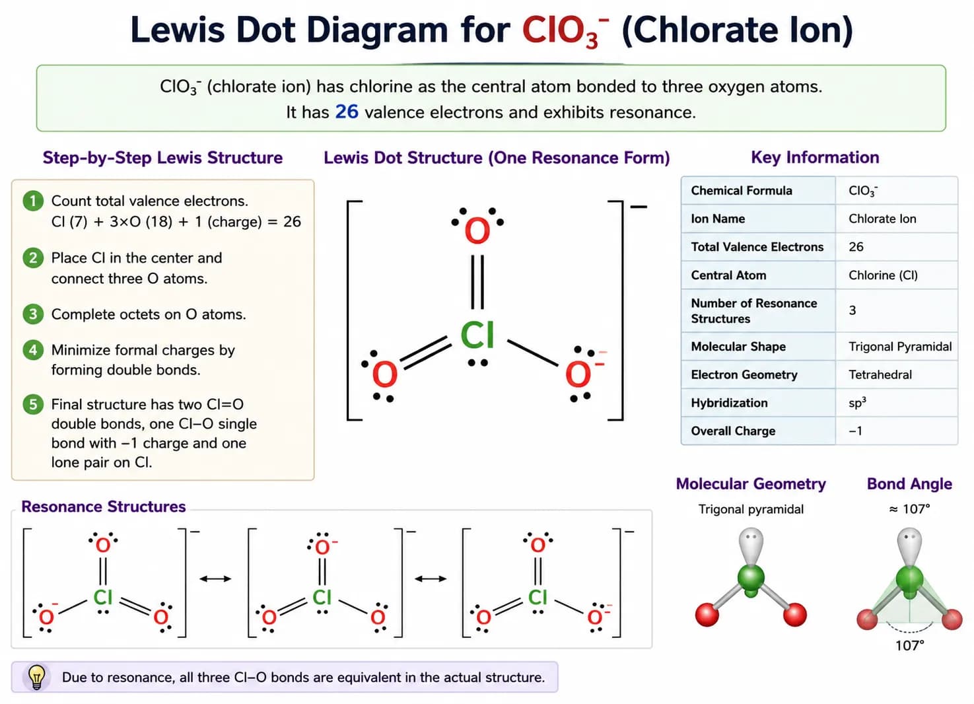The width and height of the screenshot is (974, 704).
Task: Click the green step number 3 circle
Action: coord(33,314)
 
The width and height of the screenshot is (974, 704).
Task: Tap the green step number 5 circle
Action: coord(33,404)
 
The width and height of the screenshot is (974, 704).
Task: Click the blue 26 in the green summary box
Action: coord(347,112)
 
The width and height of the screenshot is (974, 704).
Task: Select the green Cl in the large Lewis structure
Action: coord(477,335)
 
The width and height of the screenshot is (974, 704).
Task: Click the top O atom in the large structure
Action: coord(477,231)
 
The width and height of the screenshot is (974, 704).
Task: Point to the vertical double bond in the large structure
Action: coord(477,282)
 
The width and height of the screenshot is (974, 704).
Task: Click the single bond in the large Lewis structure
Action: coord(533,353)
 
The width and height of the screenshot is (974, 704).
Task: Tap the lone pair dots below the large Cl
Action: coord(478,363)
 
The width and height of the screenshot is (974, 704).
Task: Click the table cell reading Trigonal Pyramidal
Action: coord(899,347)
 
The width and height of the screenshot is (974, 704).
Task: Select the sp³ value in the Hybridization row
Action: coord(857,402)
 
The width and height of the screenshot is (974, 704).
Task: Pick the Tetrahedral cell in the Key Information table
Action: coord(880,374)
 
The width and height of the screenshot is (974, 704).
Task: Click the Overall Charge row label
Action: coord(733,431)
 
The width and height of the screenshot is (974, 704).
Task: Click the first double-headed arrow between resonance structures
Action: coord(215,579)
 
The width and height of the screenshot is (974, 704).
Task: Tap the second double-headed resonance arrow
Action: coord(431,579)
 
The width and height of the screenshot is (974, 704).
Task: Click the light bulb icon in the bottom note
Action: coord(36,677)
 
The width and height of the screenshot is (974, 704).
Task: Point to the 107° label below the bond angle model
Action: coord(910,645)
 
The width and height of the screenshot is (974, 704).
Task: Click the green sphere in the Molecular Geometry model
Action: coord(751,578)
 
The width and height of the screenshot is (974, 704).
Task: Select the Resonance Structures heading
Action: coord(104,507)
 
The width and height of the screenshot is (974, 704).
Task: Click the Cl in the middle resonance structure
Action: coord(322,597)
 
